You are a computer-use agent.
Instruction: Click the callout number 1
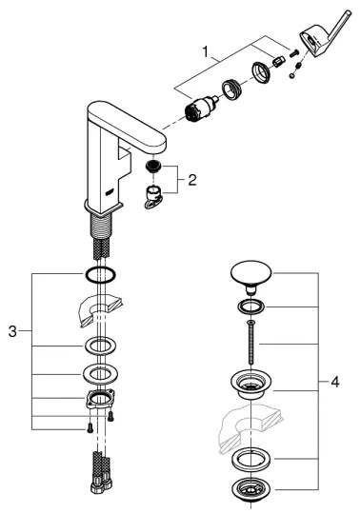[206, 51]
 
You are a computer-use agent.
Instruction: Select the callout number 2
[192, 180]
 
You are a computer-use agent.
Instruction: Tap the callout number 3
[12, 331]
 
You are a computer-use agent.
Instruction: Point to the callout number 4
[334, 382]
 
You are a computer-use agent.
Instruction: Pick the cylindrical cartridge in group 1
[201, 109]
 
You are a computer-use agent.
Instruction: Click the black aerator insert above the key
[152, 167]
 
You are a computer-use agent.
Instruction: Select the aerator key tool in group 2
[152, 196]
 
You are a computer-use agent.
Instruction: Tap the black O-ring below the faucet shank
[100, 275]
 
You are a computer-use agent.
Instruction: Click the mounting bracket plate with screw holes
[100, 398]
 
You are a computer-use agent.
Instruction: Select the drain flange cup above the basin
[250, 385]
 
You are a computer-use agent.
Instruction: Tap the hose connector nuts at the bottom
[101, 484]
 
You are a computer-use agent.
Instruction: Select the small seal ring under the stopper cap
[251, 307]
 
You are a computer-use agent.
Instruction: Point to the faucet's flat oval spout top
[127, 126]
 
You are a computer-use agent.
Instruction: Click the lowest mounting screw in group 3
[89, 428]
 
